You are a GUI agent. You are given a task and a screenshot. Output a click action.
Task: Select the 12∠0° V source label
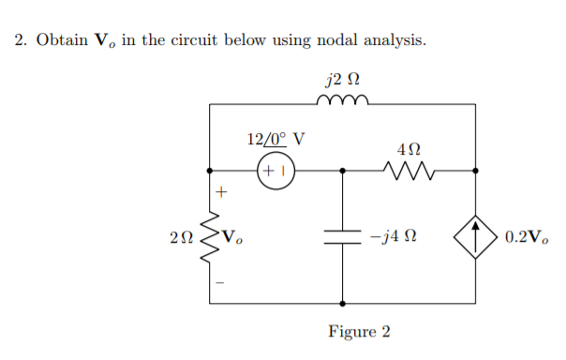(275, 140)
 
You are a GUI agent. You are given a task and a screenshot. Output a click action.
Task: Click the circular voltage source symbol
(276, 172)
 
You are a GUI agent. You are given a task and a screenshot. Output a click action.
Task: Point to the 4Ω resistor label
(409, 148)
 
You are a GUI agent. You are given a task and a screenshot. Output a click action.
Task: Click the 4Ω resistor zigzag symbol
(409, 172)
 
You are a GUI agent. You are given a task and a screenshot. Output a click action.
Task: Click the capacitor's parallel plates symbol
(343, 237)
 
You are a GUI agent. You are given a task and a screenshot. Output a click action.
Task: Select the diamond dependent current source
(477, 237)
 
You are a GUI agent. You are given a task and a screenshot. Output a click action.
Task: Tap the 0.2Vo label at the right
(527, 237)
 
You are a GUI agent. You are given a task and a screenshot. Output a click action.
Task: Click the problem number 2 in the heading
(20, 41)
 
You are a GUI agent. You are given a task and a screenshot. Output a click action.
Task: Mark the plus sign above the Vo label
(221, 192)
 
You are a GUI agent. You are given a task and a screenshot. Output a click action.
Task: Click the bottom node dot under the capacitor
(343, 304)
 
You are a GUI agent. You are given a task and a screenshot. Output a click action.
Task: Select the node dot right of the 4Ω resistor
(477, 172)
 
